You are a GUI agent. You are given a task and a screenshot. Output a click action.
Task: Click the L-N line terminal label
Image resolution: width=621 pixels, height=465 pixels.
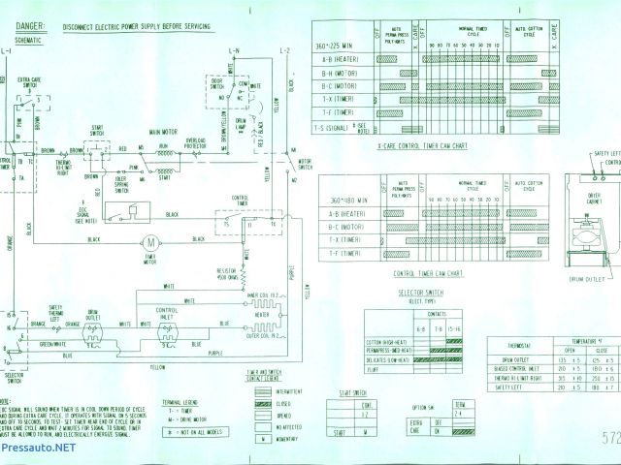pos(234,50)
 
